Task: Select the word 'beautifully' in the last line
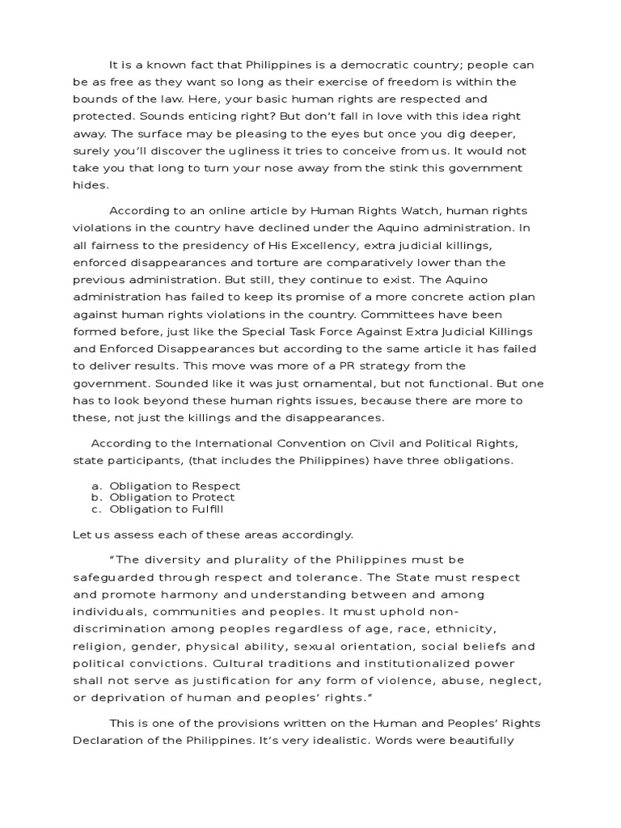coord(475,741)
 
